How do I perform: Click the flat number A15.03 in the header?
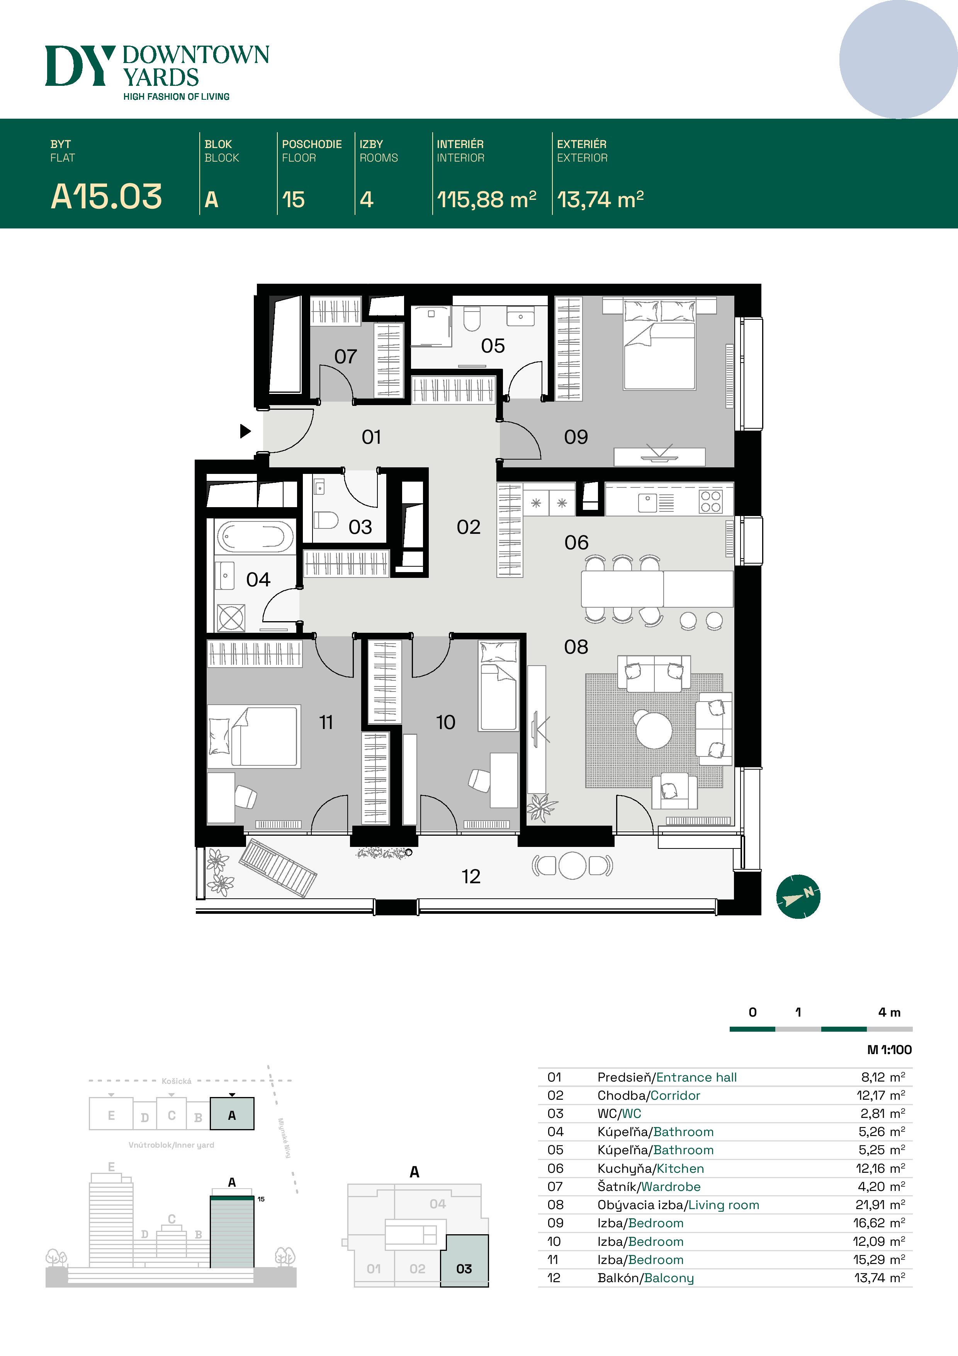coord(106,197)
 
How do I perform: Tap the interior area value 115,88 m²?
coord(486,199)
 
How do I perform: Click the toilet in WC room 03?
coord(325,520)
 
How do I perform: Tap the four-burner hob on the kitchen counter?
coord(711,501)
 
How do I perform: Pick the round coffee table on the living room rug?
coord(654,729)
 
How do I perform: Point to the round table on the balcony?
coord(572,866)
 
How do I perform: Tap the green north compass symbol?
coord(798,896)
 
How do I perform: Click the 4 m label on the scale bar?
coord(889,1012)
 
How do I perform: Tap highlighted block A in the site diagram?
coord(232,1115)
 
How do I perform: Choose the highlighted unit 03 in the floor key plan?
coord(464,1268)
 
